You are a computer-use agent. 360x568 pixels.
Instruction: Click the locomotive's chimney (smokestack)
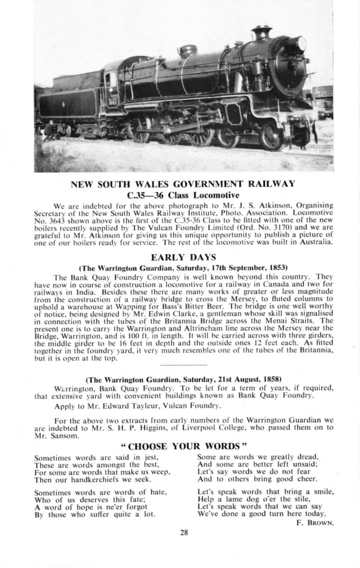[x=261, y=32]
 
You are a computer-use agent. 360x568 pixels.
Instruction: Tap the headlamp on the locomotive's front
[x=301, y=43]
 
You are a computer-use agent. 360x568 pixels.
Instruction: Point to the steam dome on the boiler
[x=188, y=50]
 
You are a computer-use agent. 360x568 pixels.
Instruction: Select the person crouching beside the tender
[x=50, y=131]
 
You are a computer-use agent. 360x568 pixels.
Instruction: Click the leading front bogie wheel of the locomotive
[x=271, y=138]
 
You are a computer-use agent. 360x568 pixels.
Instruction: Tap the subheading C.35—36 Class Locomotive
[x=183, y=195]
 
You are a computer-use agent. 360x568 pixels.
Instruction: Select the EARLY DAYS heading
[x=183, y=257]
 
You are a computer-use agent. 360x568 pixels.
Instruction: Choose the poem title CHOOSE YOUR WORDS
[x=183, y=446]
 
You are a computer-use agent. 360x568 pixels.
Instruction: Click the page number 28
[x=184, y=533]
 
